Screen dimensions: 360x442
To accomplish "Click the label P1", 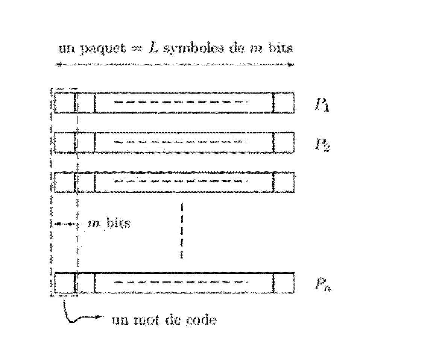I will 322,105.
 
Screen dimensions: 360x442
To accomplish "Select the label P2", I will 322,144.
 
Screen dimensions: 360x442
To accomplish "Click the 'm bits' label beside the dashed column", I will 109,223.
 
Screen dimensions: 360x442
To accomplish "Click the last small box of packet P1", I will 284,102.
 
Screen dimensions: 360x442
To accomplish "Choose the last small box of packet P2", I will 284,142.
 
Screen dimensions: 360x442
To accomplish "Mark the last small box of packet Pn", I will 284,283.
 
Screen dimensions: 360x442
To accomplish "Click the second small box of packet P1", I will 85,102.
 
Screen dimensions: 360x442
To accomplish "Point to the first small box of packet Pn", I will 65,283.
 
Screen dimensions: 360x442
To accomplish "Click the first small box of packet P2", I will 65,142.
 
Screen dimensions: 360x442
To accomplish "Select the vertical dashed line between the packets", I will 182,231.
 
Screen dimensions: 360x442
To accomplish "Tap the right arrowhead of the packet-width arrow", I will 291,64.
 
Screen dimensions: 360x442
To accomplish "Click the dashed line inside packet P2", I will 181,142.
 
